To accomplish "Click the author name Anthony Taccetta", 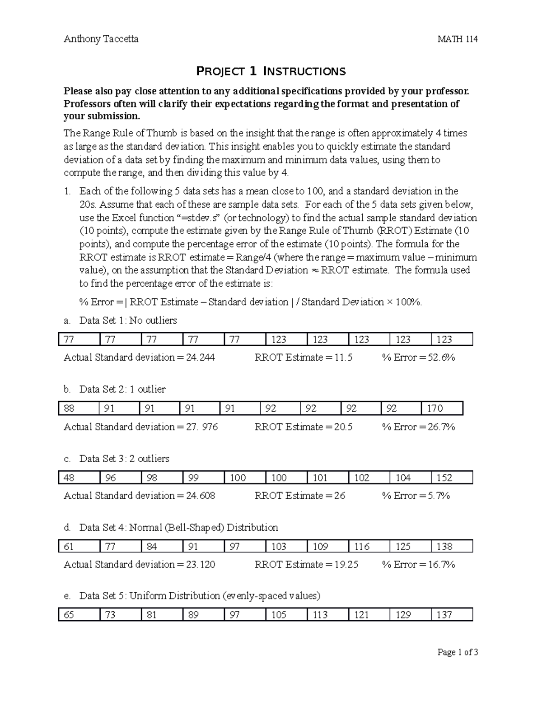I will click(x=101, y=39).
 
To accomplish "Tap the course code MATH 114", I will click(x=458, y=39).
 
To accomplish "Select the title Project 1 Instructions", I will click(x=271, y=71).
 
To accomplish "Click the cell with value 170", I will click(x=442, y=409).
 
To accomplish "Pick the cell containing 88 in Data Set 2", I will click(x=79, y=409).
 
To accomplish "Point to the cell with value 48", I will click(x=79, y=478).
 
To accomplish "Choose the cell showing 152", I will click(x=451, y=478).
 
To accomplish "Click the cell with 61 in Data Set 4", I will click(x=79, y=547).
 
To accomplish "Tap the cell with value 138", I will click(x=451, y=547).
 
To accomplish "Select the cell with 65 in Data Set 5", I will click(x=79, y=615).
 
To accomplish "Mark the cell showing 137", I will click(x=451, y=615).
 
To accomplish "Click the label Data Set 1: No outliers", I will click(x=128, y=321).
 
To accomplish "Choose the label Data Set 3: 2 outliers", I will click(x=124, y=459).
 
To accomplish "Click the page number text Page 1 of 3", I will click(x=458, y=652).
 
